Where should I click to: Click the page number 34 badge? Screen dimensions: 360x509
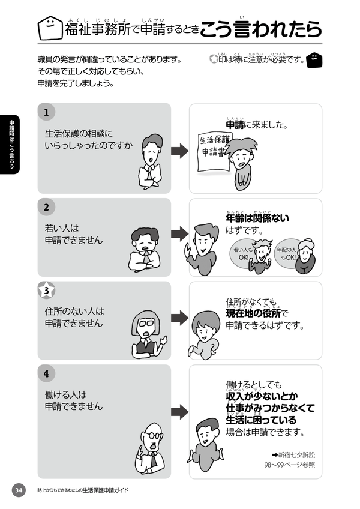19,490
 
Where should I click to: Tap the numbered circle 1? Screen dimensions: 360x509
46,112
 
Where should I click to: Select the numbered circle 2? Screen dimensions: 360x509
46,207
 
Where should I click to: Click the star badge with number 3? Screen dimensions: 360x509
46,290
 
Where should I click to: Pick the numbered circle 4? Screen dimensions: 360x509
46,373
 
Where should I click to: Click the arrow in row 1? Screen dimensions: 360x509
180,151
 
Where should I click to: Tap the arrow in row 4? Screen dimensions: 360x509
180,412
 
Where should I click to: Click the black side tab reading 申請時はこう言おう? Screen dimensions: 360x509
11,145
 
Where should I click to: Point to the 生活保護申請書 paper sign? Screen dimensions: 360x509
213,151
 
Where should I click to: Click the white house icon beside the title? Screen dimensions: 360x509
50,28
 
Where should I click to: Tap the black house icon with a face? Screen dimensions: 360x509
314,60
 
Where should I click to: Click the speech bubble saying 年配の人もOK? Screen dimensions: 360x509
286,254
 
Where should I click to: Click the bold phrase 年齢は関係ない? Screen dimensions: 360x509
257,218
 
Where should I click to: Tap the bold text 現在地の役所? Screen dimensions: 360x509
253,313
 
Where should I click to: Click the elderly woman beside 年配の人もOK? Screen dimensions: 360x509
306,256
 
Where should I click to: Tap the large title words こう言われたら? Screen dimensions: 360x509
260,29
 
